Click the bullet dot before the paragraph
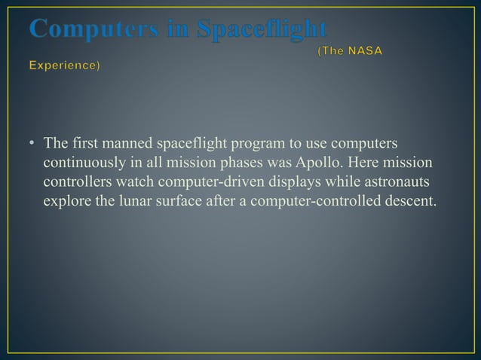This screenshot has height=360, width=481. (x=33, y=144)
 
